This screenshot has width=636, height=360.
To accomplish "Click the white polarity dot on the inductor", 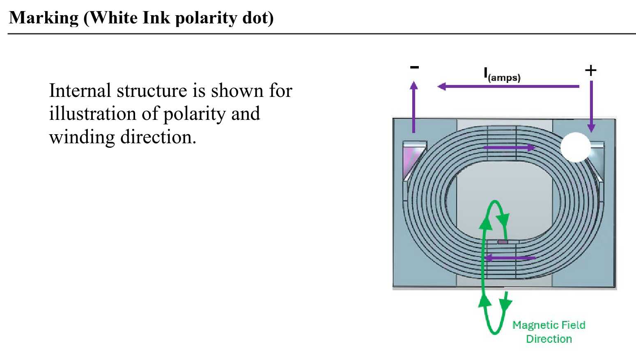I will [575, 147].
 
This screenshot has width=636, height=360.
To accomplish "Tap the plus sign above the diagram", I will [590, 71].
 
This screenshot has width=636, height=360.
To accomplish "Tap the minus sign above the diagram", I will [414, 67].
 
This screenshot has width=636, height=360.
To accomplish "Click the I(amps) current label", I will [502, 75].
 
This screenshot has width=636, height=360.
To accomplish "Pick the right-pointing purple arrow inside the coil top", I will [509, 148].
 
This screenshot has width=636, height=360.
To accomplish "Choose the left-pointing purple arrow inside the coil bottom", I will [510, 258].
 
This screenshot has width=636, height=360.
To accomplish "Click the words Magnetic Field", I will [549, 325].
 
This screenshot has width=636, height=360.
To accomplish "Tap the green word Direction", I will [549, 339].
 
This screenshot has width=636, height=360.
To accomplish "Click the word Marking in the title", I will [44, 18].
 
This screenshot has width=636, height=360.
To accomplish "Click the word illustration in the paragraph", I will [92, 114].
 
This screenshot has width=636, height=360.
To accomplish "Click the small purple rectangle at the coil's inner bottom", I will [503, 242].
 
